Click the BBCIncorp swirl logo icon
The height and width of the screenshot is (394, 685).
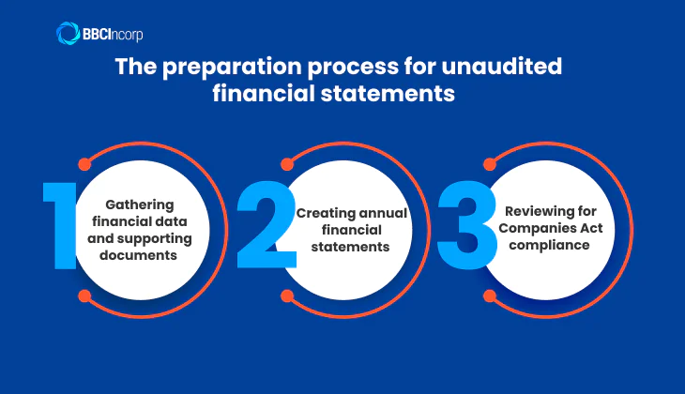[68, 34]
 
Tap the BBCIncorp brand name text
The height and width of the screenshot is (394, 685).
[114, 35]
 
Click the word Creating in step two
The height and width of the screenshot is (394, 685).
[325, 213]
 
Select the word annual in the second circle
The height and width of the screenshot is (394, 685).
[384, 213]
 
